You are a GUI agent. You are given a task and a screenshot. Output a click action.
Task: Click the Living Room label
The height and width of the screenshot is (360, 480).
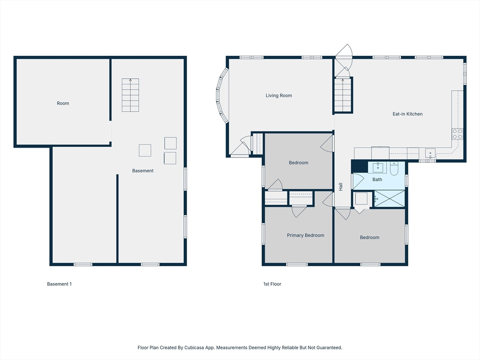(x=278, y=96)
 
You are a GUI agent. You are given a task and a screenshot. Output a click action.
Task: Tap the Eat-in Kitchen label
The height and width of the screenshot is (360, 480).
(x=407, y=114)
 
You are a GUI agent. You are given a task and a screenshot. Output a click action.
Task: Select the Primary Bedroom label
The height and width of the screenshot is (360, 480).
(x=305, y=235)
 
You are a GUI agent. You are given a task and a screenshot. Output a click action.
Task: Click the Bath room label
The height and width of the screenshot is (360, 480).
(x=377, y=180)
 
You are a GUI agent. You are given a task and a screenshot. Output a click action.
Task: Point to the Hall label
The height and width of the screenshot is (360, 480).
(x=341, y=187)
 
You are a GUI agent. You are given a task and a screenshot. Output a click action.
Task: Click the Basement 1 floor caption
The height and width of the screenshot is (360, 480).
(x=59, y=284)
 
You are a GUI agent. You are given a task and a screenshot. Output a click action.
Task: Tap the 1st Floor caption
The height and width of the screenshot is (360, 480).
(x=272, y=284)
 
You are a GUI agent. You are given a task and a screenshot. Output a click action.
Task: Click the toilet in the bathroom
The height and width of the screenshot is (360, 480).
(x=394, y=169)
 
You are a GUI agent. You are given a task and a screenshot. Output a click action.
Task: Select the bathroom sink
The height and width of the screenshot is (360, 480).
(x=378, y=168)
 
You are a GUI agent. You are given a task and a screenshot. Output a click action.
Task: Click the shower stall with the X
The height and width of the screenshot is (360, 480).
(x=390, y=198)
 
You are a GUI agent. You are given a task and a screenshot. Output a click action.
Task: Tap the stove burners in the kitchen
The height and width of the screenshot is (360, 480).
(x=457, y=134)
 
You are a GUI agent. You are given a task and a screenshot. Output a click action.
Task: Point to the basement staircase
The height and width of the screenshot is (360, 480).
(x=130, y=95)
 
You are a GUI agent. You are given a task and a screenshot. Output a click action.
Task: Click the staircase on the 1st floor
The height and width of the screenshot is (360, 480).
(x=343, y=95)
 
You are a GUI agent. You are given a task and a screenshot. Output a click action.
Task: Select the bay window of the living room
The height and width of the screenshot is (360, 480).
(x=221, y=96)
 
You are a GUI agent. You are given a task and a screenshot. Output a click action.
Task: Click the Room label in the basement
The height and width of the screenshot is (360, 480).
(x=63, y=104)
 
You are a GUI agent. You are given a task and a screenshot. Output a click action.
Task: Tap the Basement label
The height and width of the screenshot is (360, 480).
(x=142, y=171)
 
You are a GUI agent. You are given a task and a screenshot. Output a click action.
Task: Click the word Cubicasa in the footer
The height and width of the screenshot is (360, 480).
(x=194, y=348)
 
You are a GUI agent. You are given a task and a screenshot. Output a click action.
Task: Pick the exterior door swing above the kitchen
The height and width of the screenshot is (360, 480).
(x=344, y=52)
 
